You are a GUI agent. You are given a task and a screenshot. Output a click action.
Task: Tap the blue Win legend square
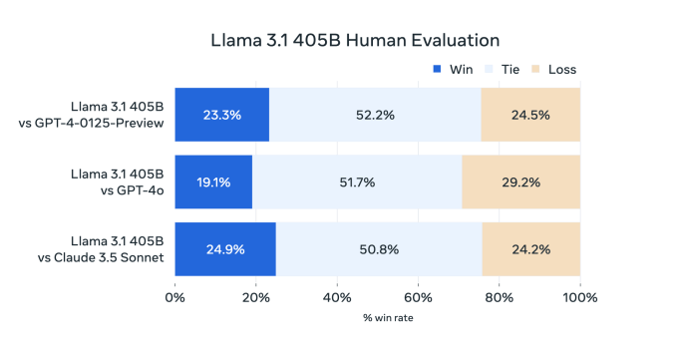tap(437, 69)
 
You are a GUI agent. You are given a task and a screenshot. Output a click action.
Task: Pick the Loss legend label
tap(561, 69)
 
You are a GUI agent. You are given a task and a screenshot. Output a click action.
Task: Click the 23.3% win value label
tap(221, 115)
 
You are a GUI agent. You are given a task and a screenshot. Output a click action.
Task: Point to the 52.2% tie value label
tap(375, 115)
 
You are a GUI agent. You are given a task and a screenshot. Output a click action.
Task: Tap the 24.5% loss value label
tap(530, 115)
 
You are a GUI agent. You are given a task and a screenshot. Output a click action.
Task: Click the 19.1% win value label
tap(212, 181)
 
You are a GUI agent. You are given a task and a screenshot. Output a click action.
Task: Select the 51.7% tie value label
tap(357, 181)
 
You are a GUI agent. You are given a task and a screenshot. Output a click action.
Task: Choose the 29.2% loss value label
tap(520, 181)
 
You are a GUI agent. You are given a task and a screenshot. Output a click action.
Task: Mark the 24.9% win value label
tap(224, 249)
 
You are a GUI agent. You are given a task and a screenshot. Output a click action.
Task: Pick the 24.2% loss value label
tap(530, 249)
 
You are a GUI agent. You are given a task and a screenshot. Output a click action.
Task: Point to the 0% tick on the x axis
tap(175, 297)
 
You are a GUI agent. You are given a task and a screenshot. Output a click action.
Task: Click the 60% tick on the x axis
tap(418, 297)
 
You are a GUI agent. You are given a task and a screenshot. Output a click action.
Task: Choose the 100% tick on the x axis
tap(579, 297)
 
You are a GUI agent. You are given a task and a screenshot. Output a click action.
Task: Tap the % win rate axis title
tap(377, 319)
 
